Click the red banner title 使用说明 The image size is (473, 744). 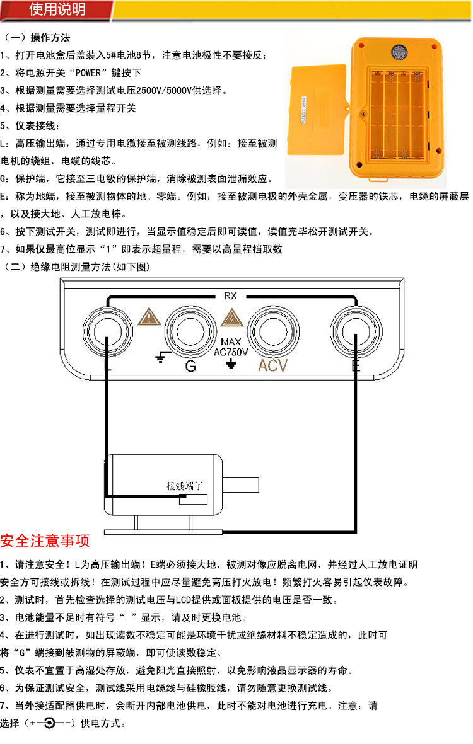pos(57,9)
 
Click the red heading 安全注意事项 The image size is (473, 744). pos(45,541)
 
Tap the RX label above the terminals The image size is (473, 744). pos(230,296)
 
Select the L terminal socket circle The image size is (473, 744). pos(108,331)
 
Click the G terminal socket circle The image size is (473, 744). pos(190,331)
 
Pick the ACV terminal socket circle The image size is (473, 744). pos(274,331)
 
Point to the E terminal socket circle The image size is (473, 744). pos(356,331)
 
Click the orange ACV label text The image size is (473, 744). pos(273,365)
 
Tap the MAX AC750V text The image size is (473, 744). pos(231,347)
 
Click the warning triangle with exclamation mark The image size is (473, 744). pos(149,317)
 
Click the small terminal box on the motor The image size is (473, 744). pos(193,499)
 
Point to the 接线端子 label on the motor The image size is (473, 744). pos(184,486)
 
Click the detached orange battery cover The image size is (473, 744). pos(317,109)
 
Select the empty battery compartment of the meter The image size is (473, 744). pos(397,115)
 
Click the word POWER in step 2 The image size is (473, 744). pos(88,72)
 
